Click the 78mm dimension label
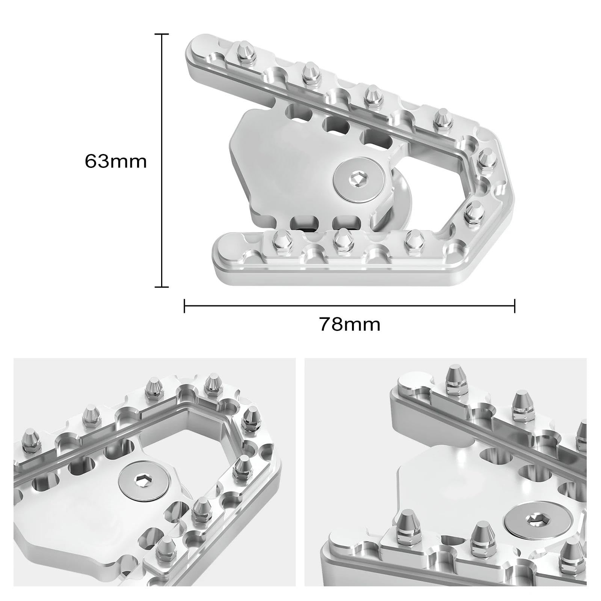[x=350, y=324]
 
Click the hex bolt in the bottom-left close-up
[x=144, y=481]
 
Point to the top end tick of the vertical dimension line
[x=162, y=34]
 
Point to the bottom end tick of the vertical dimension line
[x=162, y=287]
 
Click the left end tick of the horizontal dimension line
[x=184, y=306]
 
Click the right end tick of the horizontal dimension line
[x=514, y=306]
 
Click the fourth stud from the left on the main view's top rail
[x=441, y=118]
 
